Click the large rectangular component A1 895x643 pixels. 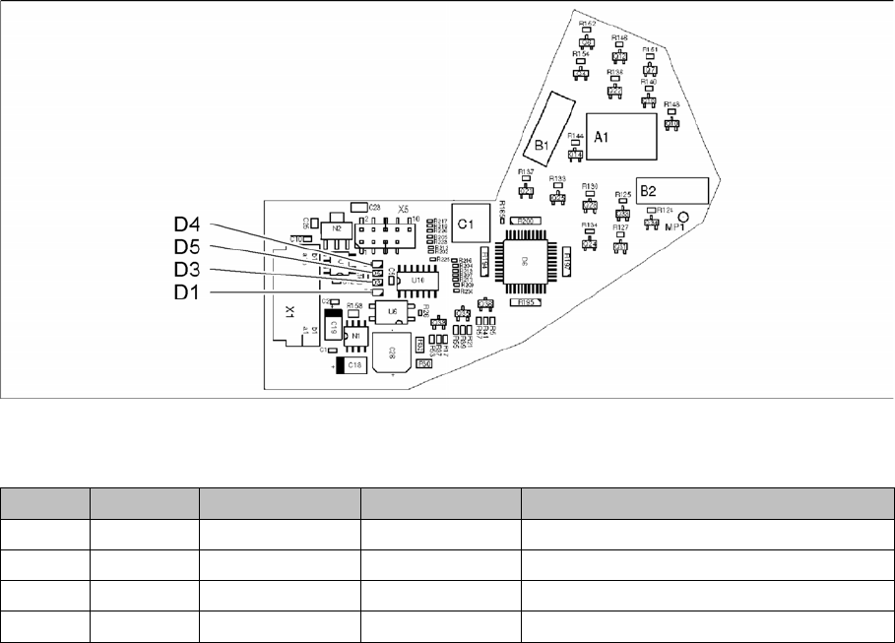click(622, 138)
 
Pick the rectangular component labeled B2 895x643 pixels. click(672, 190)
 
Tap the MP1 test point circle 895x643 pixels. click(695, 218)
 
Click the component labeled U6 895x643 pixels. click(393, 312)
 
